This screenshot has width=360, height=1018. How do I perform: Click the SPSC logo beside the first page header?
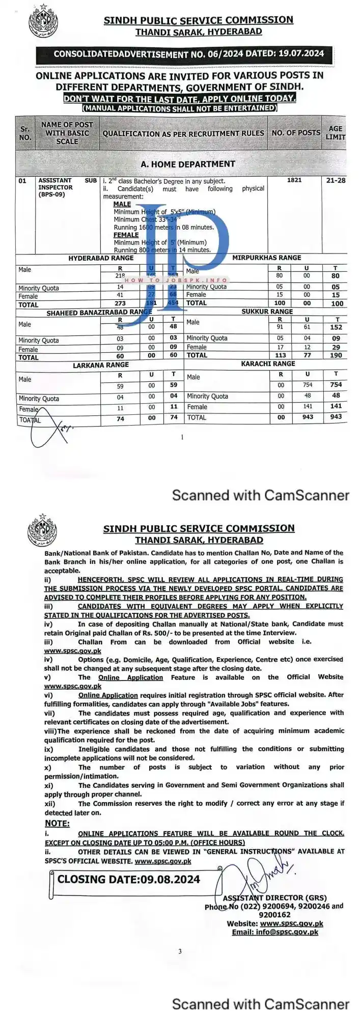click(x=44, y=20)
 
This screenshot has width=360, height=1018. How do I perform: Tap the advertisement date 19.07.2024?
click(x=301, y=53)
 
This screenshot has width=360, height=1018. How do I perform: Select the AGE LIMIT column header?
click(x=335, y=133)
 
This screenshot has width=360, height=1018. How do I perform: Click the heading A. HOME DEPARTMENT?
click(x=188, y=164)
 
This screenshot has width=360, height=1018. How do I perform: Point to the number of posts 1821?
click(x=294, y=180)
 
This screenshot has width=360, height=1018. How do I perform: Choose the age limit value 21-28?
click(x=336, y=180)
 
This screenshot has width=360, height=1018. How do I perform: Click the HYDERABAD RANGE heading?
click(x=101, y=258)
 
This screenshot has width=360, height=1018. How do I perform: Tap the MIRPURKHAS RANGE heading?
click(x=266, y=258)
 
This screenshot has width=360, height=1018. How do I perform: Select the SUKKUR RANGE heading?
click(x=267, y=312)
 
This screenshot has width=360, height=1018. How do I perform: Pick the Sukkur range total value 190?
click(x=336, y=355)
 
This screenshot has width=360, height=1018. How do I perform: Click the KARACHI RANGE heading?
click(x=268, y=364)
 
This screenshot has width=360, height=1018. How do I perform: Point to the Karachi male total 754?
click(x=336, y=385)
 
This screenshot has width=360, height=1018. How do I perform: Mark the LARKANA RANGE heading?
click(x=101, y=365)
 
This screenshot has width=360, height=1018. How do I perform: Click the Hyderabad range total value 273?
click(x=120, y=303)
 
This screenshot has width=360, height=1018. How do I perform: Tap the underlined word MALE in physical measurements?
click(x=122, y=204)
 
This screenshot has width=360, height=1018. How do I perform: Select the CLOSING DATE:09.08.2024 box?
click(x=128, y=879)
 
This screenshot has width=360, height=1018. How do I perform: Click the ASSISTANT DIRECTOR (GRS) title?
click(x=274, y=898)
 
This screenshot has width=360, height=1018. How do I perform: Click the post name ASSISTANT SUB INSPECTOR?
click(x=67, y=184)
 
